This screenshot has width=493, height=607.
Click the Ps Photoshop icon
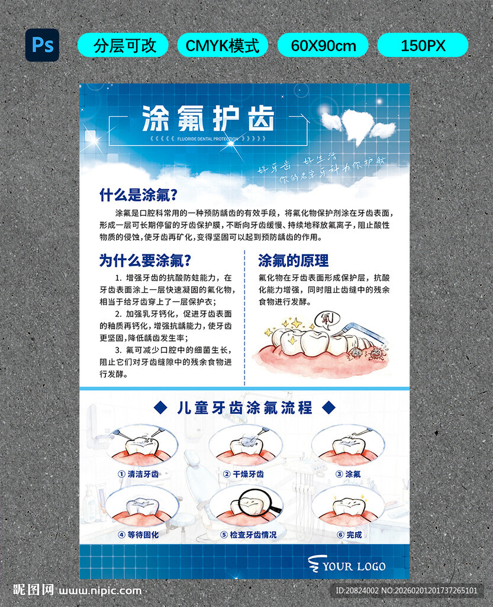click(x=42, y=45)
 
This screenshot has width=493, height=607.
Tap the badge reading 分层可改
click(x=123, y=46)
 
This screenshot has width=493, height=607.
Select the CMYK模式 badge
click(x=223, y=46)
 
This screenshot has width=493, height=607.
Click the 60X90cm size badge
click(x=323, y=46)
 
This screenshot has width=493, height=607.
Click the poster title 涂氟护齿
click(x=208, y=119)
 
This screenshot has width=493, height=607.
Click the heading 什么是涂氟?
click(x=138, y=195)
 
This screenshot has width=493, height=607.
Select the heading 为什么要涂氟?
click(x=145, y=260)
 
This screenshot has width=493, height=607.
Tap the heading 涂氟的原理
click(x=294, y=260)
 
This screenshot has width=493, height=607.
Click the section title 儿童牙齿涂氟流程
click(x=244, y=408)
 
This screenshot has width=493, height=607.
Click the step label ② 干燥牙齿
click(x=244, y=474)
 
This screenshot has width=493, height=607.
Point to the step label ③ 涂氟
click(x=347, y=474)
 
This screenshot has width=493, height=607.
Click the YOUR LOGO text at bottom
click(x=353, y=566)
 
